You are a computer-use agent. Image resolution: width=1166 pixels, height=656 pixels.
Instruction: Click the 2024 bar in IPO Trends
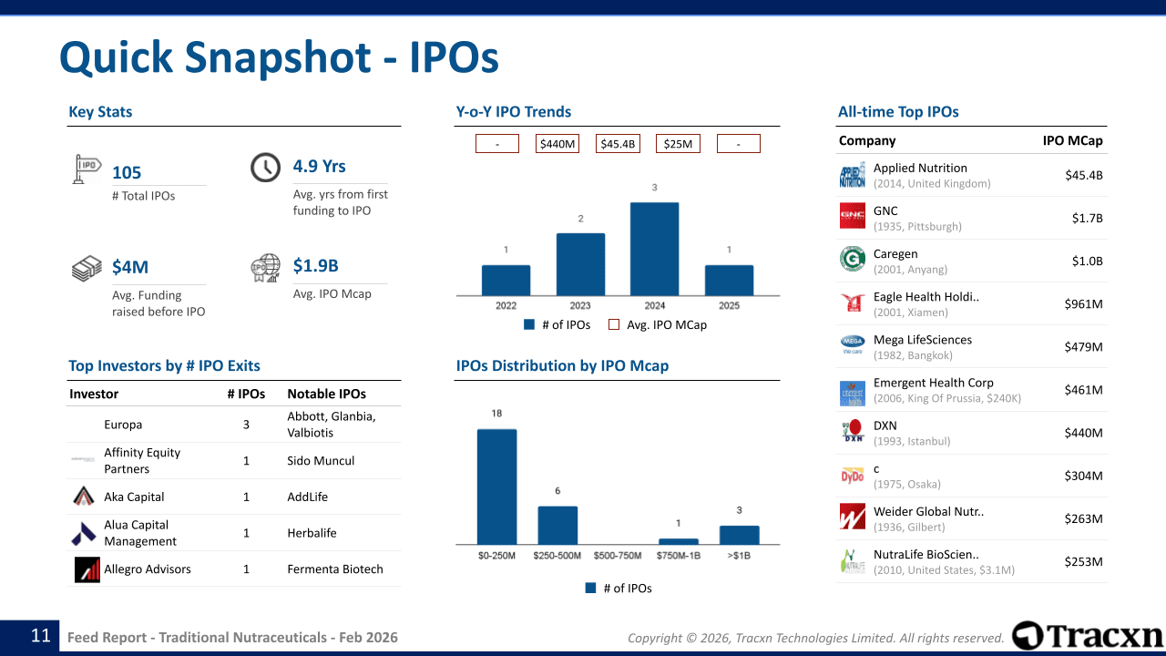point(654,249)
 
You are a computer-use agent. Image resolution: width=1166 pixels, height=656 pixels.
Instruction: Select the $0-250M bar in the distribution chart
point(496,487)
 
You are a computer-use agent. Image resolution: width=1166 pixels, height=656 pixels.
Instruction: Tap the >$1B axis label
point(739,556)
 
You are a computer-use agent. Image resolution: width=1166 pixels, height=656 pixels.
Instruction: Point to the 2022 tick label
point(506,306)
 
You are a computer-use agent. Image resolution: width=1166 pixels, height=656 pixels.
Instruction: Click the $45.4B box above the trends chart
point(619,144)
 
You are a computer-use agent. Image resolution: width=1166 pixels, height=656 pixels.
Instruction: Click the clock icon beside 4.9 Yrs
point(265,167)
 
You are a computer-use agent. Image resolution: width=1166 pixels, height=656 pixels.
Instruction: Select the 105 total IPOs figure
point(127,173)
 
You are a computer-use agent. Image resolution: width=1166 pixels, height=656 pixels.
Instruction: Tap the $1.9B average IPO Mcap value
point(315,266)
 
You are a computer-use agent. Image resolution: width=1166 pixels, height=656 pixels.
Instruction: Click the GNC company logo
point(853,217)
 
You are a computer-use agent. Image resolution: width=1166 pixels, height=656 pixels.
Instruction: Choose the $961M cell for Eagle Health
point(1083,304)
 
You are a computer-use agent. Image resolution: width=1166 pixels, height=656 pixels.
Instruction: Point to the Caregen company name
point(895,254)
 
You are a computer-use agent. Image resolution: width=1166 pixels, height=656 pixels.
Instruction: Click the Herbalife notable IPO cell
point(312,533)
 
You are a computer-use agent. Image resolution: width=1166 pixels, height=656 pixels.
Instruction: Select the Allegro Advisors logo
point(87,569)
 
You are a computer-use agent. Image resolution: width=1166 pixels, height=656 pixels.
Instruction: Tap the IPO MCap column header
point(1072,140)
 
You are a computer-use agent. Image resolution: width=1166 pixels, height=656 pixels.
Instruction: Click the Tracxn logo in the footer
point(1088,636)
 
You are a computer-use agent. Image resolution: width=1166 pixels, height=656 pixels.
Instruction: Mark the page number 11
point(41,636)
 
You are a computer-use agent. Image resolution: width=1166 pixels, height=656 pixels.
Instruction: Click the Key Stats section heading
point(100,112)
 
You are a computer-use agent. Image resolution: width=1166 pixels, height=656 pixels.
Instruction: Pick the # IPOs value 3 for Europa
point(246,425)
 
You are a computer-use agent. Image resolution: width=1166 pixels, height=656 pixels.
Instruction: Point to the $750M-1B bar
point(678,541)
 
